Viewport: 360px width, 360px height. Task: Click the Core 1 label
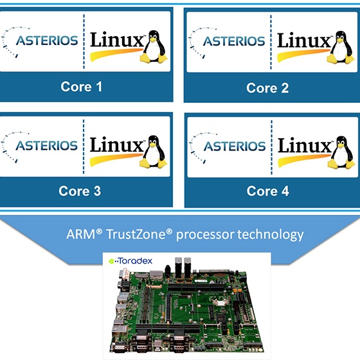tap(82, 87)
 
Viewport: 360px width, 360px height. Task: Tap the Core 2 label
tap(267, 88)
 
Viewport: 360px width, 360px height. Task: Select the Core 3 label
tap(80, 191)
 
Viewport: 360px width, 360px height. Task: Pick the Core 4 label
tap(267, 191)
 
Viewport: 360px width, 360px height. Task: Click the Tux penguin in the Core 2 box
tap(341, 48)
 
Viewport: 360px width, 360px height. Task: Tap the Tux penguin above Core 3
tap(154, 152)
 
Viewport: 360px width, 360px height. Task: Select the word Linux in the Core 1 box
tap(117, 40)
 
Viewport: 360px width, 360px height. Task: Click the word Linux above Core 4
tap(305, 145)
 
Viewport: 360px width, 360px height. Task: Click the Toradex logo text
tap(130, 261)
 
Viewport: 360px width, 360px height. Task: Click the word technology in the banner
tap(271, 235)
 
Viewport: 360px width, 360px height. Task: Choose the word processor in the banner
tap(205, 235)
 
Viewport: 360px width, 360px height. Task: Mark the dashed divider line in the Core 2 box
tap(271, 42)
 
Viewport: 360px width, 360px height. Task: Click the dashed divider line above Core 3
tap(84, 147)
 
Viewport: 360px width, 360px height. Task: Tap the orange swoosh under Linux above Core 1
tap(116, 54)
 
